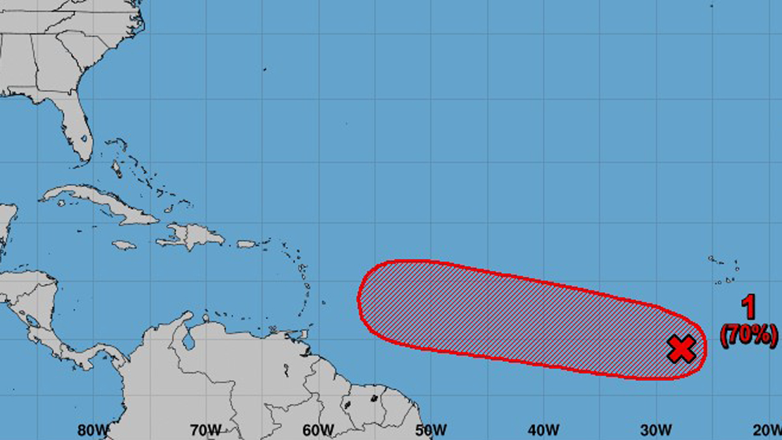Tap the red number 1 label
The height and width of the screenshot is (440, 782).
point(749,307)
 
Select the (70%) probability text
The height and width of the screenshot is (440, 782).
point(749,335)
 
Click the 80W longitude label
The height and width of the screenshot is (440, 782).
point(93,430)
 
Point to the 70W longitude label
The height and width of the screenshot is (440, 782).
point(205,430)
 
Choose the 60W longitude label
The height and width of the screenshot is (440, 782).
point(318,430)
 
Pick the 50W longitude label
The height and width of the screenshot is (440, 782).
point(431,430)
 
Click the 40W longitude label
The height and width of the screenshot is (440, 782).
point(543,430)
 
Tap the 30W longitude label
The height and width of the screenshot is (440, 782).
point(656,430)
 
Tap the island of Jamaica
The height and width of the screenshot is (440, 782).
point(124,245)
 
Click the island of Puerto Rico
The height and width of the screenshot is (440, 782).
point(246,244)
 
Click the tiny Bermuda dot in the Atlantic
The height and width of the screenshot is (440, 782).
point(265,69)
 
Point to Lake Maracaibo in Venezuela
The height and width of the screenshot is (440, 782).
point(189,342)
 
